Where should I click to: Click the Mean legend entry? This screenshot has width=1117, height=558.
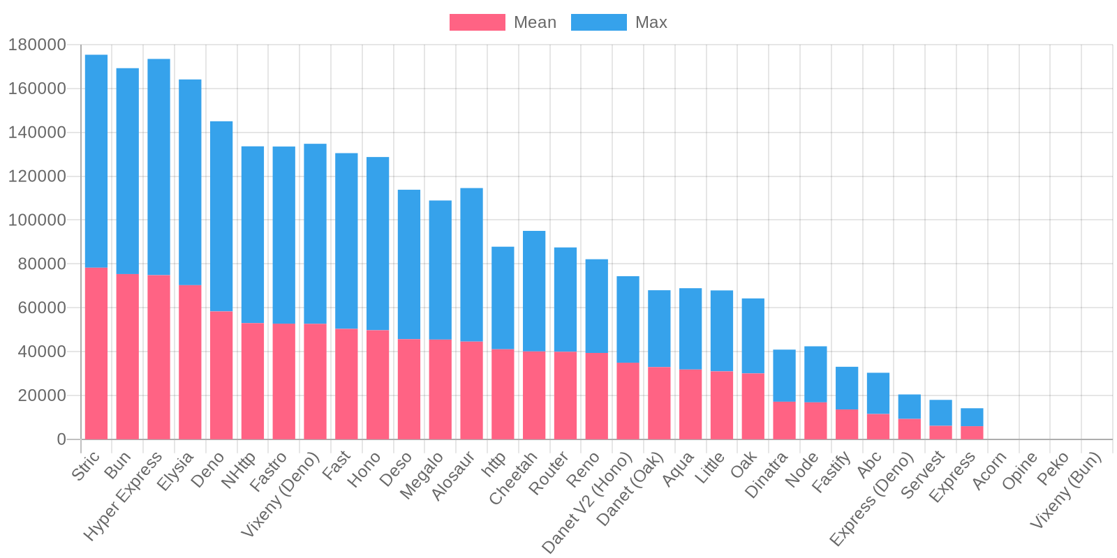[x=503, y=22]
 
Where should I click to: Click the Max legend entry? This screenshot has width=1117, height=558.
[x=619, y=22]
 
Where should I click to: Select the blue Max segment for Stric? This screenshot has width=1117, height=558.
[x=96, y=160]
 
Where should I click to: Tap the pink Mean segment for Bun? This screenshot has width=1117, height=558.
[x=128, y=356]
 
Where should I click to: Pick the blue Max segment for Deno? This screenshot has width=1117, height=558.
[x=221, y=216]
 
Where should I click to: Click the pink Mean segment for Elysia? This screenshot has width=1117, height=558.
[x=190, y=362]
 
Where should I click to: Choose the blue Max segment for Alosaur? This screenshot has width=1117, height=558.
[x=471, y=264]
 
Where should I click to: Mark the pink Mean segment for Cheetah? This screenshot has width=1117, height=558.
[x=534, y=395]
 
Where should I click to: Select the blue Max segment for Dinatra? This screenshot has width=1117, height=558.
[x=784, y=375]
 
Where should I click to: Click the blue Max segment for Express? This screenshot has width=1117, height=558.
[x=972, y=417]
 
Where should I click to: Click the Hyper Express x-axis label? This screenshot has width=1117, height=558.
[x=124, y=495]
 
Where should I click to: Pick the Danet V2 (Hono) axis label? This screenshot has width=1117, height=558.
[x=588, y=502]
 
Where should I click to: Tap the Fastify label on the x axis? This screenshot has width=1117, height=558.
[x=833, y=472]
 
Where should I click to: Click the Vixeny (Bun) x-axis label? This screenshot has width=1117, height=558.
[x=1067, y=490]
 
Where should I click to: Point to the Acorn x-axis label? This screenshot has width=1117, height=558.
[x=990, y=470]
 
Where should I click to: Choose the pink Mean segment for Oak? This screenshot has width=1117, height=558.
[x=753, y=406]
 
